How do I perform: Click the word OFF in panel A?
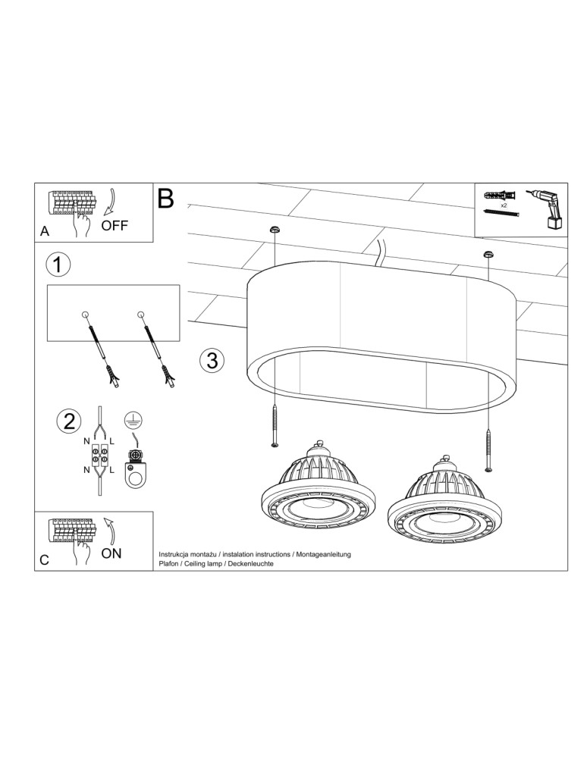115,225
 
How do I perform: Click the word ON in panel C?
111,553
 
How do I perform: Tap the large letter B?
165,199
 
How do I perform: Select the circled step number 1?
58,265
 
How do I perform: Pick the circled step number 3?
212,360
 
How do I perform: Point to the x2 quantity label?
504,205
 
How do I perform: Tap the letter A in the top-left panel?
45,231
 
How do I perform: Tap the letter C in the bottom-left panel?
44,561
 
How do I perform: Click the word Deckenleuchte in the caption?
250,565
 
